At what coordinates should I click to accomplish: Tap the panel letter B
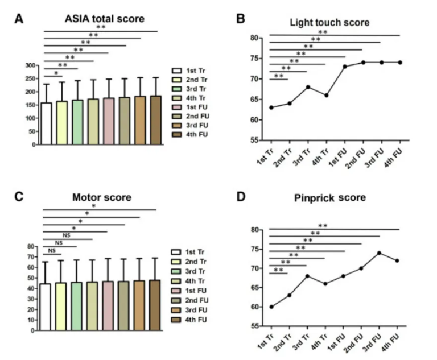(241, 18)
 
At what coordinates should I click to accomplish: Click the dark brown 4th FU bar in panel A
(155, 120)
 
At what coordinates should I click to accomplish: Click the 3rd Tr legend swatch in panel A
(177, 91)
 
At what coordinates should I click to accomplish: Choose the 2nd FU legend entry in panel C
(191, 302)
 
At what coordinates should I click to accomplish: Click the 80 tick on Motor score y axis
(33, 246)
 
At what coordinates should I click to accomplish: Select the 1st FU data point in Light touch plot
(345, 67)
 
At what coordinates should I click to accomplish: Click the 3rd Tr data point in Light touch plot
(308, 87)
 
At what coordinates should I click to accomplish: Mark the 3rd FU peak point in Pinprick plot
(380, 253)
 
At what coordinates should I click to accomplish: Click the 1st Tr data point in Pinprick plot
(271, 307)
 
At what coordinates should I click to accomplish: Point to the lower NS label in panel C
(52, 250)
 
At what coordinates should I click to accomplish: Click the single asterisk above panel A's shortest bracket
(56, 73)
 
